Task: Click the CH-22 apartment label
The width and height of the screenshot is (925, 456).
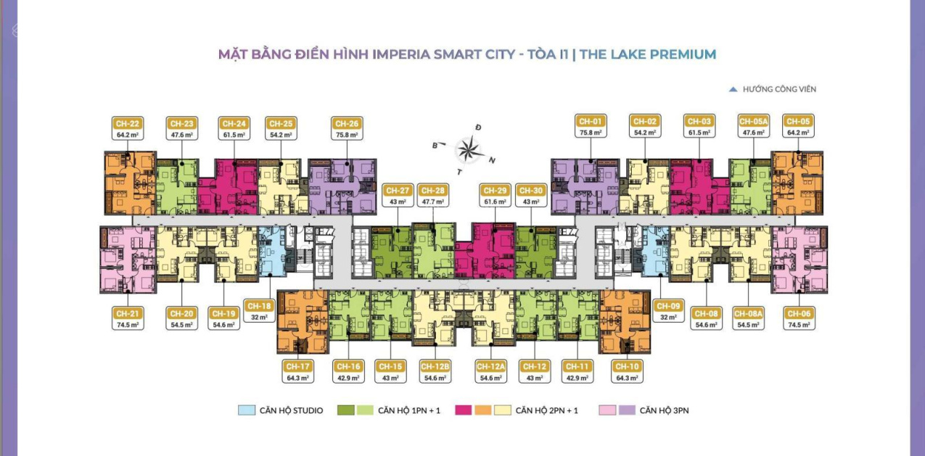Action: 128,123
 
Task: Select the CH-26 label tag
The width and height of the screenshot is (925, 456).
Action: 347,123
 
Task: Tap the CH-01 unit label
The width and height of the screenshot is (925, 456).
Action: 591,121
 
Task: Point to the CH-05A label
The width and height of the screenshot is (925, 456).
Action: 754,121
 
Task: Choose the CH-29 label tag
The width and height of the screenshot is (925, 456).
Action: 495,190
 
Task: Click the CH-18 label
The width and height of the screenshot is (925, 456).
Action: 259,306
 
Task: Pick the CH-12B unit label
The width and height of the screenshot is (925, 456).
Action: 435,366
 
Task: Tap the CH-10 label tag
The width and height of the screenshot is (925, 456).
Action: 627,366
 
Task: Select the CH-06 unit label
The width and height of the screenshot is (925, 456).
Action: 799,314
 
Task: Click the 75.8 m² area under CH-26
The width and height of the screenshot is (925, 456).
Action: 347,135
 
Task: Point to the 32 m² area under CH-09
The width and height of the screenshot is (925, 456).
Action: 669,318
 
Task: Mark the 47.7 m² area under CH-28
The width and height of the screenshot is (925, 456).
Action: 433,202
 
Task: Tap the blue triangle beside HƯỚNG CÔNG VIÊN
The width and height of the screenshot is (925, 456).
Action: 733,89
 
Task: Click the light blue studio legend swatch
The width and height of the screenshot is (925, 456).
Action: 247,410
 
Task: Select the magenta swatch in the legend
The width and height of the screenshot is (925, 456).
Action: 463,410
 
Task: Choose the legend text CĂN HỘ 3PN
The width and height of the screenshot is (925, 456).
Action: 664,410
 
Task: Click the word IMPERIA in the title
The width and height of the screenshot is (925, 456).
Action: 401,54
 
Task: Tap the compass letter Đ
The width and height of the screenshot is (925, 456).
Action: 478,128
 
